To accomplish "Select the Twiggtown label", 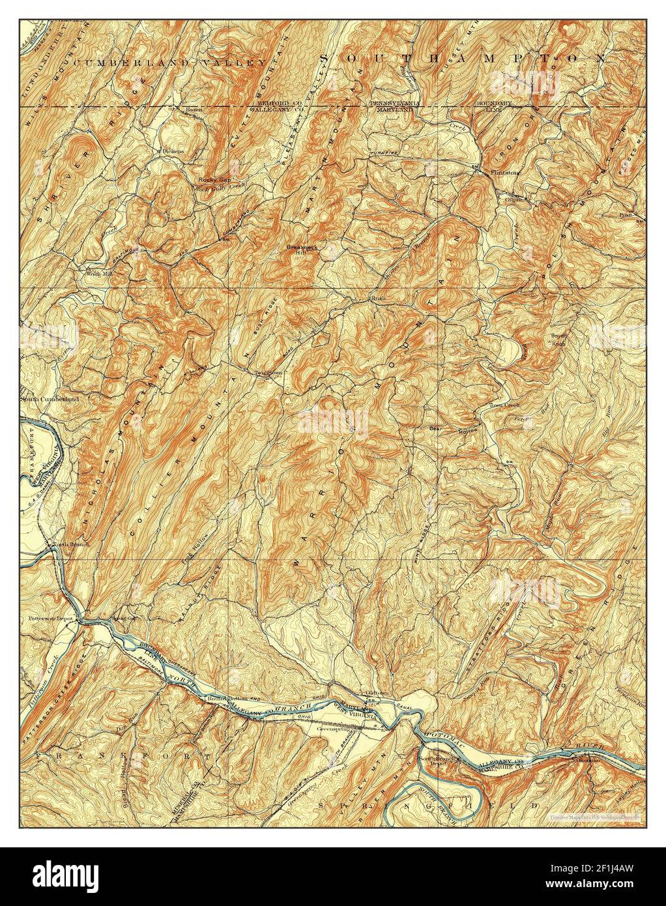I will click(267, 373).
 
